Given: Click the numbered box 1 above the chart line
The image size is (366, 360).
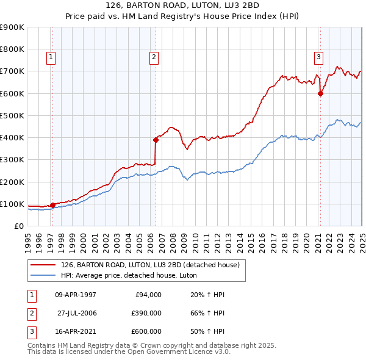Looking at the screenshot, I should coord(51,57).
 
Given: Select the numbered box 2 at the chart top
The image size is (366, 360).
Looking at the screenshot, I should coord(154,57).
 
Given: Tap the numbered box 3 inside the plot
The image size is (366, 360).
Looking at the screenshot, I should coord(318,57).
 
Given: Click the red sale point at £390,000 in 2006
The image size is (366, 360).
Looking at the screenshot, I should coord(156,140).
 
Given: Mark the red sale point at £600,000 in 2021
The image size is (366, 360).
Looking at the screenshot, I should coord(320,93).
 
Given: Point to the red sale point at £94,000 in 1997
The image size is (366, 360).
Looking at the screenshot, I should coord(52,205).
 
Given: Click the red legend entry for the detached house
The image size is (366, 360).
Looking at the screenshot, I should coord(152,265).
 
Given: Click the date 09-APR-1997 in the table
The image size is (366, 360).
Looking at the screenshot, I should coord(76,294).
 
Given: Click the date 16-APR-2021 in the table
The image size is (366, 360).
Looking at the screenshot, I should coord(76,331).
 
